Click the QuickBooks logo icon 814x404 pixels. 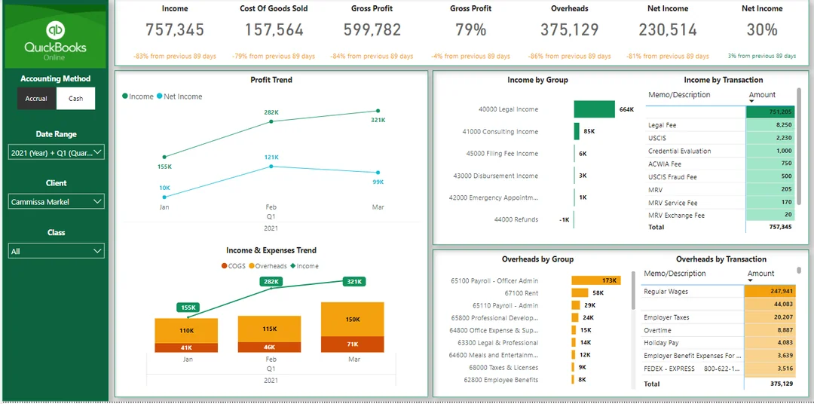coord(55,30)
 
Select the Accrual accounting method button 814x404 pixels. coord(36,99)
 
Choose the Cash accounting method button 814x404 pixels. coord(76,99)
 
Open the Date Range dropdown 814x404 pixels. coord(57,153)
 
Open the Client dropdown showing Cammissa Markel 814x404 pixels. coord(57,202)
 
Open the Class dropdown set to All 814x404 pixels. coord(57,251)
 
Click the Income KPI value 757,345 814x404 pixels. coord(175,30)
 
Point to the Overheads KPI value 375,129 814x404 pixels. coord(569,30)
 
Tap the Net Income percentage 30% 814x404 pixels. coord(761,30)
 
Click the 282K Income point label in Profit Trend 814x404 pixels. coord(271,112)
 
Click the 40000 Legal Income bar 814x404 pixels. coord(594,109)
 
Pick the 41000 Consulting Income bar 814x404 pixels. coord(577,131)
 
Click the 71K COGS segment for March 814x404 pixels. coord(353,344)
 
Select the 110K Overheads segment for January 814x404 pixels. coord(186,331)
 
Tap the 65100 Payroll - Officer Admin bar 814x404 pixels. coord(595,280)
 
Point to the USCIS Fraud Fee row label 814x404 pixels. coord(672,177)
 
